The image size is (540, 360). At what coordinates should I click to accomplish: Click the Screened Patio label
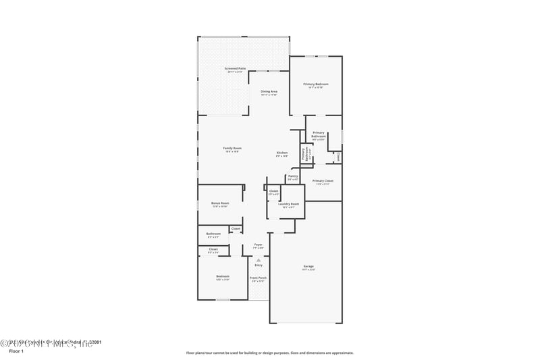pyautogui.click(x=235, y=69)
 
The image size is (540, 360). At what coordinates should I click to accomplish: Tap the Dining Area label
pyautogui.click(x=269, y=91)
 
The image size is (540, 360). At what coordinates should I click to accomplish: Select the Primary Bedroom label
pyautogui.click(x=315, y=84)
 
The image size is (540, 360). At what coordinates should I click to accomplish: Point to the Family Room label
pyautogui.click(x=232, y=148)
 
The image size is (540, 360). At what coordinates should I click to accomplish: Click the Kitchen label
pyautogui.click(x=281, y=153)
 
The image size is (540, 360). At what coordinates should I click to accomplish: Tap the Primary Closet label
pyautogui.click(x=323, y=181)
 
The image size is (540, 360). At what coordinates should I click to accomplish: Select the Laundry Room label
pyautogui.click(x=289, y=204)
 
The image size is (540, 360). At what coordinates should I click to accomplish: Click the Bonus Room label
pyautogui.click(x=220, y=203)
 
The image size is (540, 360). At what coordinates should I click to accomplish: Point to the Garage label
pyautogui.click(x=308, y=267)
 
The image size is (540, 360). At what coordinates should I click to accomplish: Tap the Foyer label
pyautogui.click(x=258, y=245)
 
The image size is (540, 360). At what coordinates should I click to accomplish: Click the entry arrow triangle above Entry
pyautogui.click(x=258, y=259)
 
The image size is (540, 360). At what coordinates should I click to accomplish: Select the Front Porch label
pyautogui.click(x=258, y=278)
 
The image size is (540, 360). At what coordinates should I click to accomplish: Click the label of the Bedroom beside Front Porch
pyautogui.click(x=223, y=276)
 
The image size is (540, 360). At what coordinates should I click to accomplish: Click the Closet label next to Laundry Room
pyautogui.click(x=273, y=191)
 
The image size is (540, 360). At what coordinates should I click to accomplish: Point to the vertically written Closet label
pyautogui.click(x=338, y=156)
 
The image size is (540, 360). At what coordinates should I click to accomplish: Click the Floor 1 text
pyautogui.click(x=16, y=351)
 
